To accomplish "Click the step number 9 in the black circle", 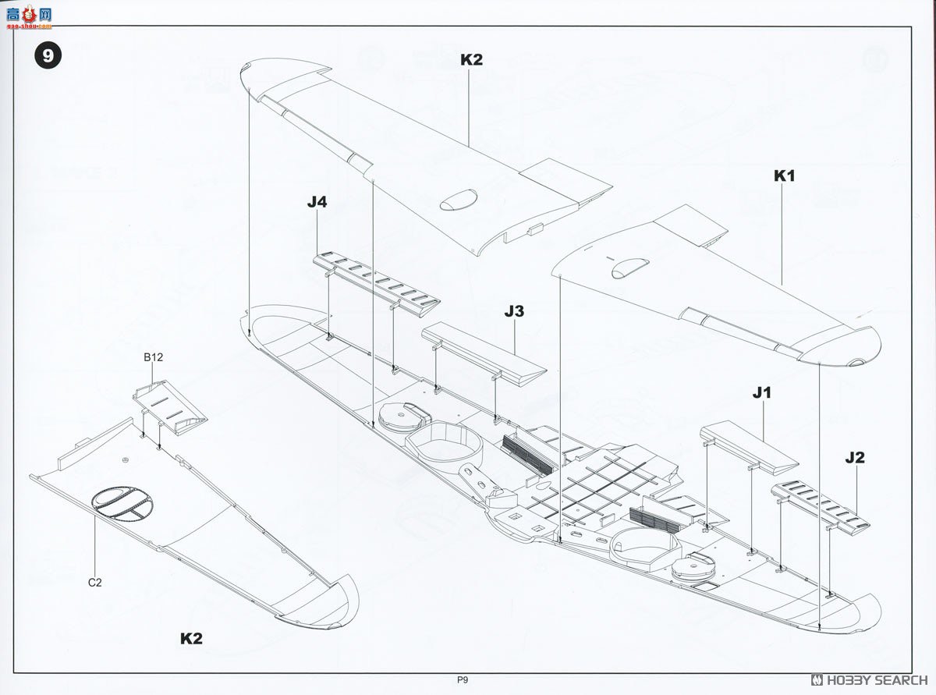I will tap(48, 56).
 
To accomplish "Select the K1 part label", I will tap(784, 176).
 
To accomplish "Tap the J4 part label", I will tap(317, 202).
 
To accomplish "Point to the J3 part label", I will tap(514, 311).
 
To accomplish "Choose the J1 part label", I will tap(761, 393).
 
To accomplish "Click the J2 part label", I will tap(855, 458).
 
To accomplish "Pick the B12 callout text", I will tap(153, 357).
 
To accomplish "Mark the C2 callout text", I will tap(94, 582).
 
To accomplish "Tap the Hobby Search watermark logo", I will tap(869, 680).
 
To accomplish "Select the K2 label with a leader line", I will tap(471, 60).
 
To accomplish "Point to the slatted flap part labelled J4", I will tap(377, 279).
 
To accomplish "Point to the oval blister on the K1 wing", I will tap(629, 268).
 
